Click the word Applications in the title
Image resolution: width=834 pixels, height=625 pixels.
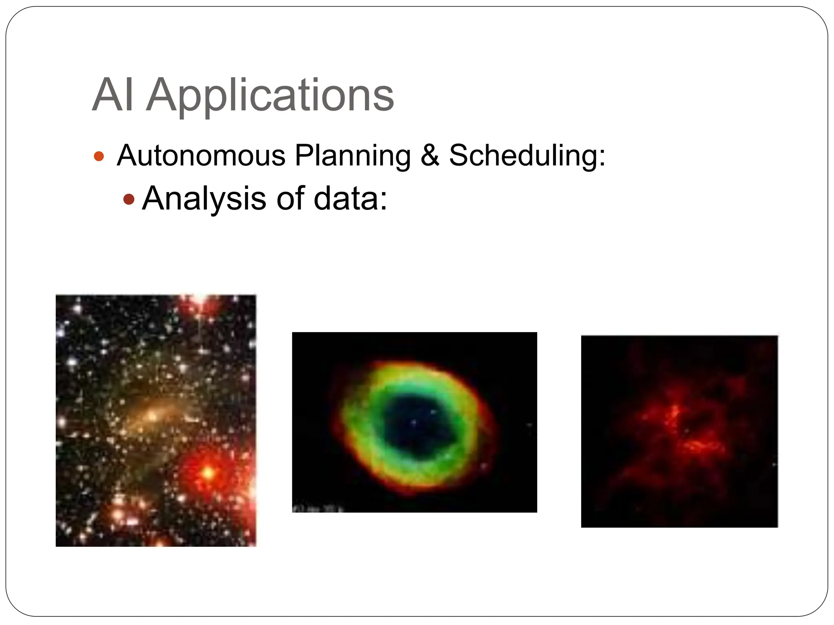(270, 96)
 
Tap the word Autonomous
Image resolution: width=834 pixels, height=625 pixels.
(201, 156)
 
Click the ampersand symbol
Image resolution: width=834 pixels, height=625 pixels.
(430, 156)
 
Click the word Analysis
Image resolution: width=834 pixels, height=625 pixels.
(204, 199)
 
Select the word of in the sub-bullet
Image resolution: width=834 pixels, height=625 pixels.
(290, 199)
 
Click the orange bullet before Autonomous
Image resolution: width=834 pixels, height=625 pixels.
(99, 156)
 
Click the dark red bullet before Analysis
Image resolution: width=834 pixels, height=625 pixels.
(129, 199)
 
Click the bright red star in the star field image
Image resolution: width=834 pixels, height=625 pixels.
(208, 473)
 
